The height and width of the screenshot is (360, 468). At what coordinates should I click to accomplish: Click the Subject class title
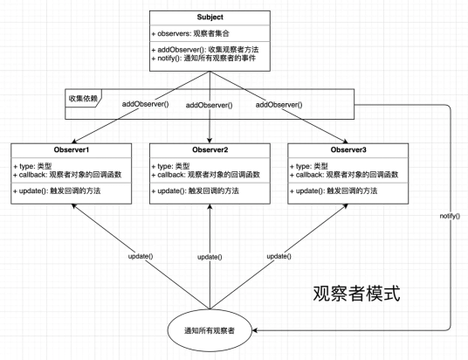click(210, 17)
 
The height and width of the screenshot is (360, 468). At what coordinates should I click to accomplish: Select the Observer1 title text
click(72, 149)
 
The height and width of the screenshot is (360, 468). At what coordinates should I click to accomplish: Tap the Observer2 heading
click(210, 149)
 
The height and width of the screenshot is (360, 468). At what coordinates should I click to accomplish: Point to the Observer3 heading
click(348, 149)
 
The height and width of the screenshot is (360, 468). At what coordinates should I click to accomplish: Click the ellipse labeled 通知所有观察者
click(210, 330)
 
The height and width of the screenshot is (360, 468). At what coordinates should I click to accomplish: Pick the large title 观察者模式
click(356, 294)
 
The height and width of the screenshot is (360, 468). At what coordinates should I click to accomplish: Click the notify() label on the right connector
click(450, 216)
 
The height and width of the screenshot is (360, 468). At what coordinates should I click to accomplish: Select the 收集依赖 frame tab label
click(83, 98)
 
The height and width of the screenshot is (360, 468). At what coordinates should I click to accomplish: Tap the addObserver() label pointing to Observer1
click(145, 104)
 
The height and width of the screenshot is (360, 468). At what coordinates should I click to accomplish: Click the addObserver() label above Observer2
click(209, 105)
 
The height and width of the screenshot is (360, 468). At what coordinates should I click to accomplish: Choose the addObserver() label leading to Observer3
click(279, 105)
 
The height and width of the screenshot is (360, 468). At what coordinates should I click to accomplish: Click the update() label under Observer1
click(141, 256)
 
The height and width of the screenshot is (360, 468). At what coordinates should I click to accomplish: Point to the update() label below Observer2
click(210, 257)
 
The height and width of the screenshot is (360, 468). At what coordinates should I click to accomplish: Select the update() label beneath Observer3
click(279, 256)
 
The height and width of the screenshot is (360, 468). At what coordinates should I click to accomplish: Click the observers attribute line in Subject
click(190, 33)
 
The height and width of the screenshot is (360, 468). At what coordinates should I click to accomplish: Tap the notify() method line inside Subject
click(203, 58)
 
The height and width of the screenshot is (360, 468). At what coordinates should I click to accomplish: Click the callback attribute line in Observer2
click(206, 175)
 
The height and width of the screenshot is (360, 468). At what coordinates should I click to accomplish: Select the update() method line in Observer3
click(334, 190)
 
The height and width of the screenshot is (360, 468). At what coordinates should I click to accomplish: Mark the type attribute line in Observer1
click(32, 166)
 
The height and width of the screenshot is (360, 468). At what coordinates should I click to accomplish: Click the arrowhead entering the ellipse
click(255, 330)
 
